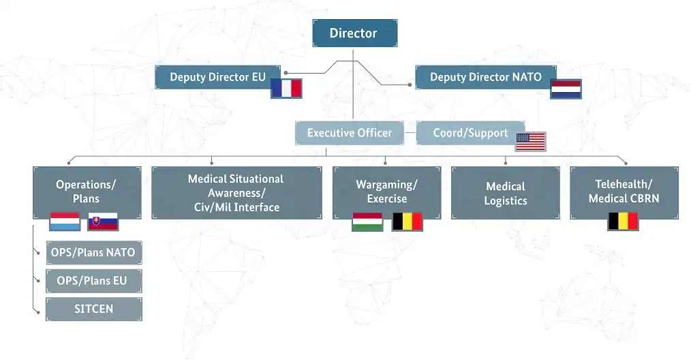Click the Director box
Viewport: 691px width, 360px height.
click(355, 33)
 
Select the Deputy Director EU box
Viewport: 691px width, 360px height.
click(217, 77)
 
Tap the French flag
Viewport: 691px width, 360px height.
click(286, 88)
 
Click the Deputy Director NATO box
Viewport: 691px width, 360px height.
click(486, 77)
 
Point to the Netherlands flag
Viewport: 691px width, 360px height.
click(566, 89)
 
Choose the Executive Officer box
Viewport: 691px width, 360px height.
click(350, 133)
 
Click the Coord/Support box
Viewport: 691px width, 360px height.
click(470, 133)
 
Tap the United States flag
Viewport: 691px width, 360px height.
click(531, 142)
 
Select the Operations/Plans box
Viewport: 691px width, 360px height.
click(87, 192)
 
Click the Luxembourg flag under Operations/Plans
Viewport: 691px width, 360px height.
click(65, 222)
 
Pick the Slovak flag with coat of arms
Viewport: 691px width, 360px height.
click(103, 222)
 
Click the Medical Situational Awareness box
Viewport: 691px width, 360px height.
click(236, 192)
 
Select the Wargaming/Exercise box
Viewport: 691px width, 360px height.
click(386, 192)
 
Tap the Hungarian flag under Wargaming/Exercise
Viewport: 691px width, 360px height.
click(367, 222)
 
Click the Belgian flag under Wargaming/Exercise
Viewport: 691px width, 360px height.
click(408, 222)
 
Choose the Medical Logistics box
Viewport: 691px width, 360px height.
click(506, 192)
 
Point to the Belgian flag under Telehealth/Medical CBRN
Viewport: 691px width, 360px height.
click(623, 221)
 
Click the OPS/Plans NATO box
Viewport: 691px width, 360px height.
click(94, 253)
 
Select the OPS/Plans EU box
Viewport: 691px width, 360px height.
click(94, 281)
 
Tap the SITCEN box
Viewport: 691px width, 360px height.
click(94, 310)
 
